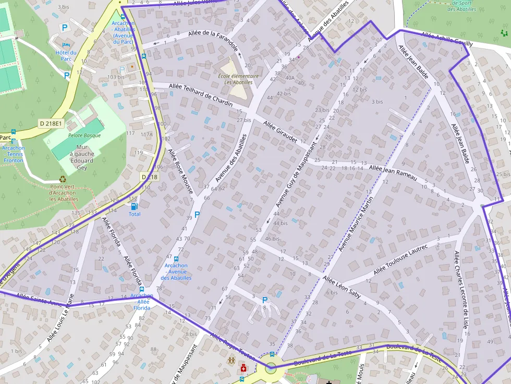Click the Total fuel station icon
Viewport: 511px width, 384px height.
point(135,206)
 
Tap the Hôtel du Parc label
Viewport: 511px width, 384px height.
point(66,55)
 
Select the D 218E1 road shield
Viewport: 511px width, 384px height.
point(51,123)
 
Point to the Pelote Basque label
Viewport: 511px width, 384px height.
point(84,135)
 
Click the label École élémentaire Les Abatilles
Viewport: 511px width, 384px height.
point(238,79)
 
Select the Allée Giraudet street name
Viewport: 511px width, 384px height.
point(280,132)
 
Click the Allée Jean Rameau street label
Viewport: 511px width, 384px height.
point(393,172)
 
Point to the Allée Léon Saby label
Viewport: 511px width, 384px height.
point(342,287)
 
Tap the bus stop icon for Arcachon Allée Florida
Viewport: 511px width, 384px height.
point(141,289)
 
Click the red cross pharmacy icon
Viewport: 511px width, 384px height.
point(243,368)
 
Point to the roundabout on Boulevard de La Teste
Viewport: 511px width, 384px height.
point(271,368)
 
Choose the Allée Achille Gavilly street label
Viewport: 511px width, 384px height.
point(447,40)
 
